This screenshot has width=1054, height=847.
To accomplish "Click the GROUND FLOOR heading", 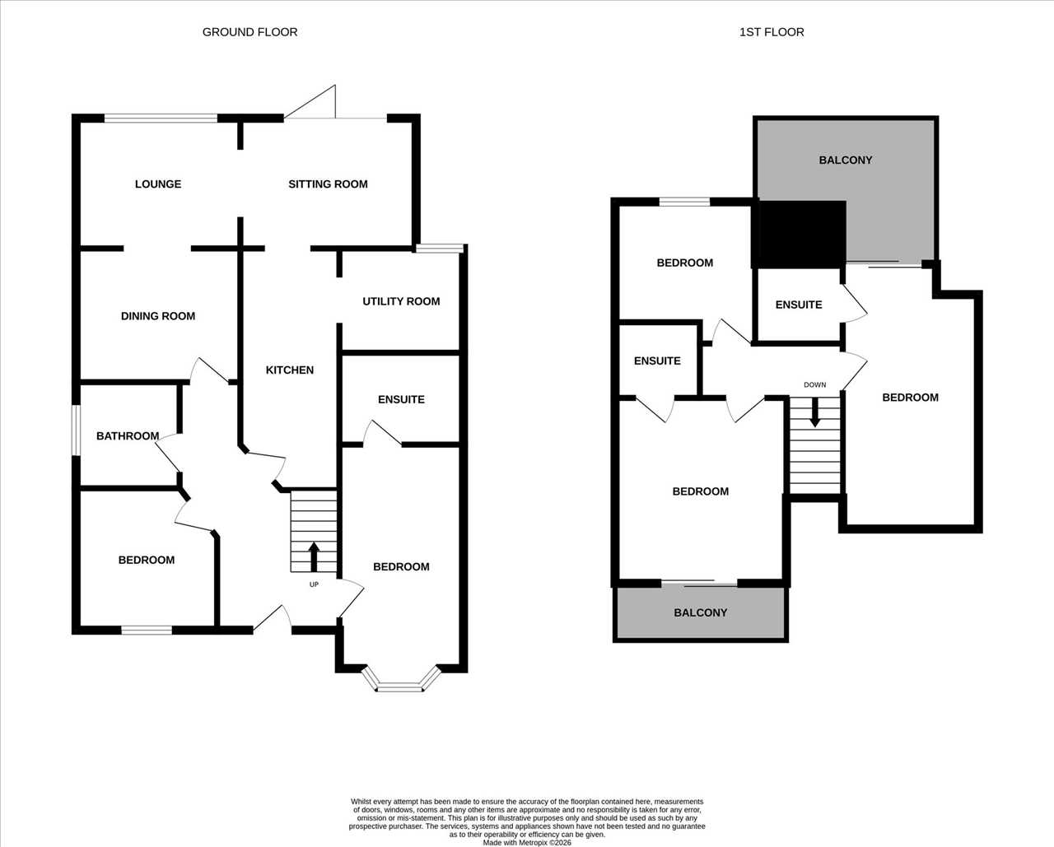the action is click(x=250, y=32).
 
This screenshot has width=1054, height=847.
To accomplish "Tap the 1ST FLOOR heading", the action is click(x=772, y=32).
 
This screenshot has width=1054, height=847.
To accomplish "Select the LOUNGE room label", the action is click(x=158, y=184).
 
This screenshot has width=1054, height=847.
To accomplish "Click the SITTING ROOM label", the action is click(x=329, y=184).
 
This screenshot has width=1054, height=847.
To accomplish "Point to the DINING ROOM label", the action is click(x=158, y=316).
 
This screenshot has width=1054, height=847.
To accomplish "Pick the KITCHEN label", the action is click(x=290, y=370).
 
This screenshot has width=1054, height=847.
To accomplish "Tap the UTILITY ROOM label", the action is click(x=401, y=301).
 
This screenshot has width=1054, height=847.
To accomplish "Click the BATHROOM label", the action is click(x=128, y=435).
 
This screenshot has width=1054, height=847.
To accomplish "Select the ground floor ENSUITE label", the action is click(x=401, y=399).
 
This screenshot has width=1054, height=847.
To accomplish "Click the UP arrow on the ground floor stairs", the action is click(x=314, y=556).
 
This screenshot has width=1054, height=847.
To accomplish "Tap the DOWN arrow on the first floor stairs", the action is click(x=814, y=412).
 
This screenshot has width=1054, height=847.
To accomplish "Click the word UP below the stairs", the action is click(x=314, y=584).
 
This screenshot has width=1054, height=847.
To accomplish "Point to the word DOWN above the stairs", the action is click(x=815, y=385).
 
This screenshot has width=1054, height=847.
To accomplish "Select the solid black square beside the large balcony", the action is click(x=799, y=235).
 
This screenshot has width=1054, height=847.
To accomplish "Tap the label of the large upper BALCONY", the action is click(x=846, y=160).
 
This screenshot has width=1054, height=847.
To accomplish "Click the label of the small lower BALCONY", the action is click(x=701, y=612).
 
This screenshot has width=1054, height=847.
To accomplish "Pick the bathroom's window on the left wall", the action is click(x=76, y=430).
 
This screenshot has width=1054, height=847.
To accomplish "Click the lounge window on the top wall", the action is click(x=161, y=118).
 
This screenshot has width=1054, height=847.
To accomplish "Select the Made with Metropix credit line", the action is click(x=527, y=843).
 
